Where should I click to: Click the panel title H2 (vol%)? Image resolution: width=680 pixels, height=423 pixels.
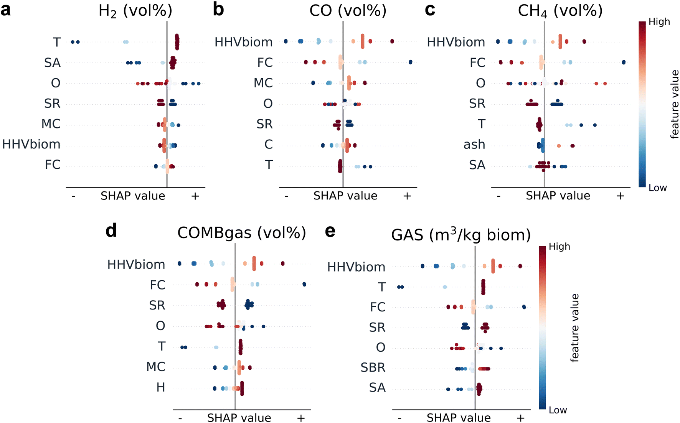pyautogui.click(x=135, y=11)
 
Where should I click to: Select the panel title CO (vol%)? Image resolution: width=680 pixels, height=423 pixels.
pyautogui.click(x=348, y=11)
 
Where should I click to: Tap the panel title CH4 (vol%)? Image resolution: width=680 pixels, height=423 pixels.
pyautogui.click(x=560, y=11)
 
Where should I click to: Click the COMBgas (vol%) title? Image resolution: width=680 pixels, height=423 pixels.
pyautogui.click(x=241, y=233)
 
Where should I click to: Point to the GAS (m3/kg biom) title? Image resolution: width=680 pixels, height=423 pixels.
pyautogui.click(x=460, y=235)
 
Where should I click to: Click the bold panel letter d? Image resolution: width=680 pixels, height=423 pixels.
pyautogui.click(x=111, y=231)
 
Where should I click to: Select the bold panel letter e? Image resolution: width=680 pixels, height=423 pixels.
pyautogui.click(x=330, y=231)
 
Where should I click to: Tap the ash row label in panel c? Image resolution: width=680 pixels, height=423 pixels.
pyautogui.click(x=474, y=145)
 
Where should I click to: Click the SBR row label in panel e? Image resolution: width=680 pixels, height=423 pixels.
pyautogui.click(x=373, y=367)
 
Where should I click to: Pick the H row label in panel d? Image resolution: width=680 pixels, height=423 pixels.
pyautogui.click(x=161, y=388)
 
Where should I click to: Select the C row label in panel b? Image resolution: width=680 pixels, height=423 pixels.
pyautogui.click(x=269, y=145)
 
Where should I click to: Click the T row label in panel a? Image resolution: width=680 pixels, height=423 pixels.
pyautogui.click(x=57, y=42)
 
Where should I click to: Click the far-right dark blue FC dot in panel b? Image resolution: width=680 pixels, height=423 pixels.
pyautogui.click(x=411, y=62)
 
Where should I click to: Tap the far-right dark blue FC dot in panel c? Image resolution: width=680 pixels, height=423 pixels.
pyautogui.click(x=624, y=62)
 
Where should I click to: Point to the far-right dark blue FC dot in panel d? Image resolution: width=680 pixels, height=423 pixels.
pyautogui.click(x=304, y=284)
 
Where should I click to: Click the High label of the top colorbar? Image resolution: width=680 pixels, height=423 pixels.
pyautogui.click(x=659, y=22)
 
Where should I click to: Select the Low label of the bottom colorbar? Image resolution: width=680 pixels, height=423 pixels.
pyautogui.click(x=558, y=410)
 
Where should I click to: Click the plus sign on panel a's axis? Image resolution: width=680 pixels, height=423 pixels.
pyautogui.click(x=195, y=196)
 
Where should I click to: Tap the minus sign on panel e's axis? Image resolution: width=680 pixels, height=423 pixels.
pyautogui.click(x=400, y=418)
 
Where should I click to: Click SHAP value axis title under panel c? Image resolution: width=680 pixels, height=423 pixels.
pyautogui.click(x=558, y=196)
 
